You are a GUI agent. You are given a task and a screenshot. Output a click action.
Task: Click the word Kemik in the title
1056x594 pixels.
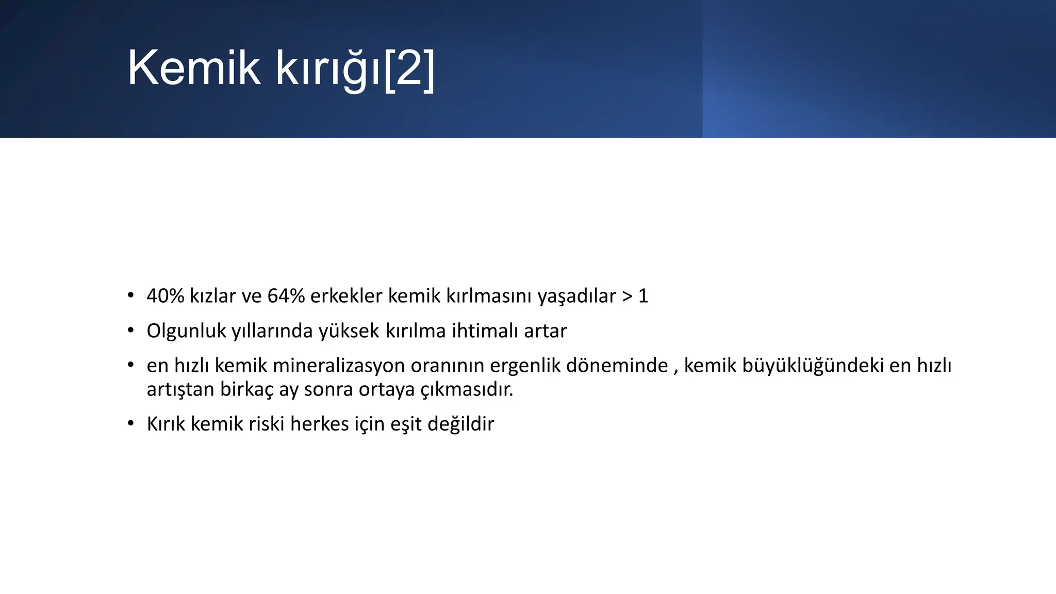(194, 68)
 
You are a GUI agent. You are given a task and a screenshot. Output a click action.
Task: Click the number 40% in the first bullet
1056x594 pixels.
(165, 296)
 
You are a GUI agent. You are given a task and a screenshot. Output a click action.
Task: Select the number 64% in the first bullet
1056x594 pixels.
(286, 296)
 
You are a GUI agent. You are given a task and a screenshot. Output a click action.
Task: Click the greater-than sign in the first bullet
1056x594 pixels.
(626, 296)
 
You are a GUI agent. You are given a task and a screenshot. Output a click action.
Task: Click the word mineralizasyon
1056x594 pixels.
(338, 366)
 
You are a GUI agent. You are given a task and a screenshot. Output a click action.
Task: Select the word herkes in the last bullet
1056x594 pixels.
(319, 424)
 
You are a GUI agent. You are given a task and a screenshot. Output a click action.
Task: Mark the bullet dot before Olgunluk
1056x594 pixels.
(131, 330)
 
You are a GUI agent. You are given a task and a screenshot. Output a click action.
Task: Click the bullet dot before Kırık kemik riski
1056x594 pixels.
(131, 423)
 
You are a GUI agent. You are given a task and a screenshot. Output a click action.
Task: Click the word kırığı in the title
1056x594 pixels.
(327, 69)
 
